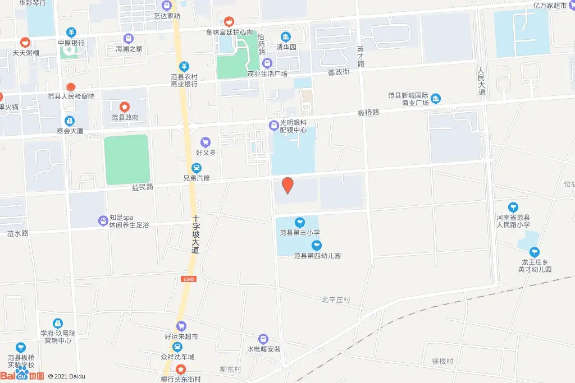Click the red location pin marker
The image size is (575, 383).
(x=287, y=185)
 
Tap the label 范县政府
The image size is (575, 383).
(x=125, y=117)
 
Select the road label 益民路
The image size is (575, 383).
(x=143, y=187)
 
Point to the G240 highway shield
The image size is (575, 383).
(x=189, y=279)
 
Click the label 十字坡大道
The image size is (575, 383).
(x=195, y=234)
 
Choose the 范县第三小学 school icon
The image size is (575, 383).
(x=300, y=222)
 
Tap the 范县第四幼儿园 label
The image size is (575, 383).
(x=317, y=256)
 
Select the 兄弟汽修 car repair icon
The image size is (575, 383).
(x=197, y=168)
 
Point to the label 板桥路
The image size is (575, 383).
(x=368, y=112)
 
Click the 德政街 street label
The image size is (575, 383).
(x=339, y=72)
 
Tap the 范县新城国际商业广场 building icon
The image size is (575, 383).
(x=436, y=99)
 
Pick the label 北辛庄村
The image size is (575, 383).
(x=336, y=300)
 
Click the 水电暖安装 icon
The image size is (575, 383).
(x=263, y=339)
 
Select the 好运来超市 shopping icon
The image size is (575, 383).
(x=181, y=326)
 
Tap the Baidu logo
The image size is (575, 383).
(x=22, y=375)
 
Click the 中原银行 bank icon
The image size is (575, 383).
(x=71, y=33)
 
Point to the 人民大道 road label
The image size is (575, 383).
(x=481, y=82)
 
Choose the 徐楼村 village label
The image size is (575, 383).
(x=442, y=361)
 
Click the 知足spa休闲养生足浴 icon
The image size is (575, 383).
(x=103, y=220)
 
